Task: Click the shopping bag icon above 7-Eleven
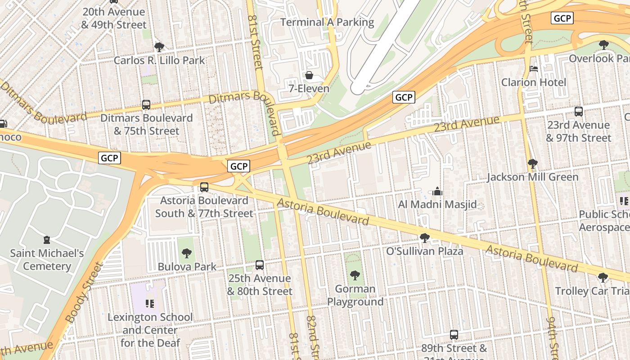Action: [309, 75]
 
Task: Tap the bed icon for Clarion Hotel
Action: [534, 69]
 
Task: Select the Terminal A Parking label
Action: [327, 22]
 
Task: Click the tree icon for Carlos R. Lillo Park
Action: [159, 47]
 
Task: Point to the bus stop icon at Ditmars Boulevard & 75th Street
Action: [146, 105]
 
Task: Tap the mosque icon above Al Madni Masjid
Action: [437, 192]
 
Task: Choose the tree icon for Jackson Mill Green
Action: [532, 163]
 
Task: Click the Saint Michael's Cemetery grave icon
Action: [47, 239]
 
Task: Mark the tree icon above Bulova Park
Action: [186, 253]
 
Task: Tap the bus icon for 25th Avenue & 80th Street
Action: [260, 265]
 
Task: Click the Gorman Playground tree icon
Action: [355, 275]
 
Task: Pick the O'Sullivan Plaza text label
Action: [425, 251]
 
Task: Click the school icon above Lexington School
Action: [150, 304]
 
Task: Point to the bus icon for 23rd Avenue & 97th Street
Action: [579, 112]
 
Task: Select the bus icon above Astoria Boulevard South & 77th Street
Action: [204, 187]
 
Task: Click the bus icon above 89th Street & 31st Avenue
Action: [454, 335]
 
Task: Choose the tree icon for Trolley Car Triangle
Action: [603, 278]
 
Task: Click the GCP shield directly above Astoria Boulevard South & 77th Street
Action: [238, 166]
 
